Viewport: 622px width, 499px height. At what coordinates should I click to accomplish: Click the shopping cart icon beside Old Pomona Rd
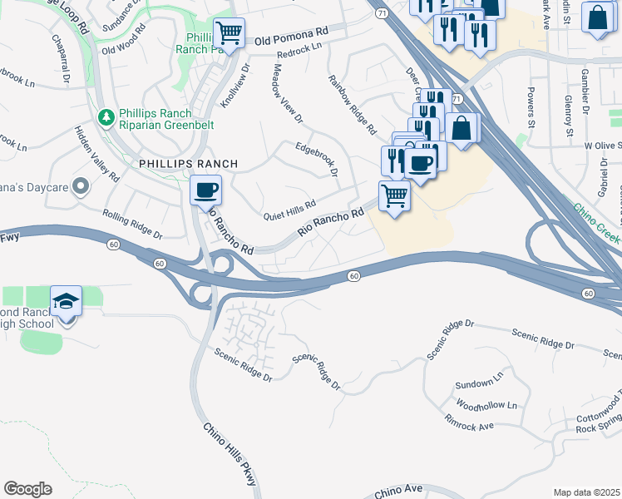click(x=229, y=34)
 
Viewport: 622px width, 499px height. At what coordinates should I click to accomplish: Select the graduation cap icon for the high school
click(x=66, y=302)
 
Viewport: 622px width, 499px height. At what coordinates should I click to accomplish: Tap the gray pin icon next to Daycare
click(x=81, y=185)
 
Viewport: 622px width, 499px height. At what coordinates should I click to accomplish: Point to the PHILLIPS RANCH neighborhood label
click(x=189, y=164)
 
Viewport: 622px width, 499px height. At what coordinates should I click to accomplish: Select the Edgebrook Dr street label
click(x=316, y=159)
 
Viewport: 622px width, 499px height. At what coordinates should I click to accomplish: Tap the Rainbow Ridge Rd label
click(x=353, y=106)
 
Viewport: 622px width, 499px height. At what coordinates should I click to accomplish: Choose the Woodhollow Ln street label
click(x=487, y=406)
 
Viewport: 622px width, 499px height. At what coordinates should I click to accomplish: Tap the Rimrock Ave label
click(x=469, y=422)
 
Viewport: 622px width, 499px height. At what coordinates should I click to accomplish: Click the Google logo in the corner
click(x=27, y=489)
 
